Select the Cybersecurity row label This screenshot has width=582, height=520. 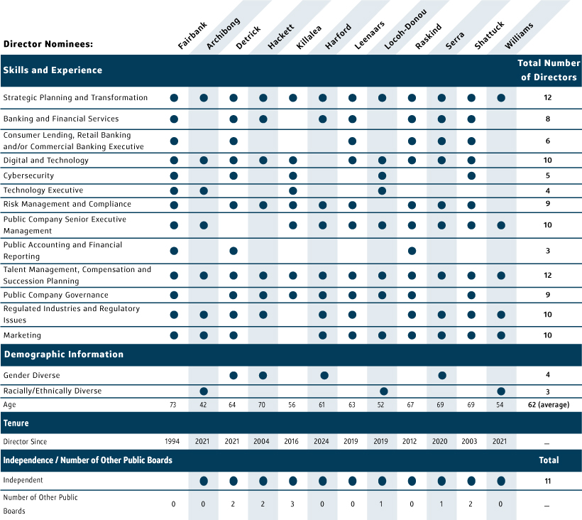(28, 175)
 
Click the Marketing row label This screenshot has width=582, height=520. (22, 335)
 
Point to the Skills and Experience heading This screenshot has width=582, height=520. (53, 70)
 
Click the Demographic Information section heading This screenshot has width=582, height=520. (63, 354)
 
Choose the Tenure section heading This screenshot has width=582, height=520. (16, 423)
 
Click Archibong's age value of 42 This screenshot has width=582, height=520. (204, 405)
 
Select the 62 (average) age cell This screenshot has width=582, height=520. (547, 405)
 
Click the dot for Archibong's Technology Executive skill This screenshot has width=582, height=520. (204, 190)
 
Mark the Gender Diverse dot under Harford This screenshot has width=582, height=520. (324, 375)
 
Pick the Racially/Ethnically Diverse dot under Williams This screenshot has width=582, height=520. (501, 391)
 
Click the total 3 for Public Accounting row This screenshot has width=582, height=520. (547, 251)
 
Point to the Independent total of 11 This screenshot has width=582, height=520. (547, 481)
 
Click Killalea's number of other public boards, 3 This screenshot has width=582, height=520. (293, 504)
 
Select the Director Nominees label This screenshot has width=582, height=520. (48, 44)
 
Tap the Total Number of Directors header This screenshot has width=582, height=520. (547, 70)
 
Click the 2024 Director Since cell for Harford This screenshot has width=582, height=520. (323, 442)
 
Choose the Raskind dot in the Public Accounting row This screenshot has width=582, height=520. (412, 251)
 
